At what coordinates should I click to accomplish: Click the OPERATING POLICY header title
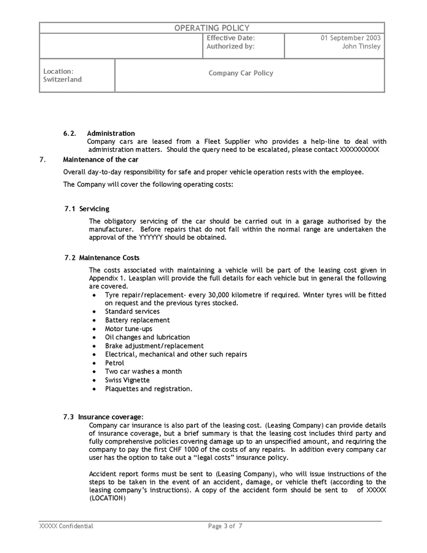(x=212, y=28)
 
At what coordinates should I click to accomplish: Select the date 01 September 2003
(x=350, y=37)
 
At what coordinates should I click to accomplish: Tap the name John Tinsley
(x=361, y=47)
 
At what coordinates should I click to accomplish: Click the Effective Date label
(x=230, y=37)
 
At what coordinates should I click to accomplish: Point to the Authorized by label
(x=230, y=47)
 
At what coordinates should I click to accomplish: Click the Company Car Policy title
(x=241, y=73)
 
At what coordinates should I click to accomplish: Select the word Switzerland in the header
(x=62, y=80)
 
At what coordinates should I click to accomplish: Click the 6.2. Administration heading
(x=99, y=133)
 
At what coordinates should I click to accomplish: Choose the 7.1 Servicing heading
(x=87, y=209)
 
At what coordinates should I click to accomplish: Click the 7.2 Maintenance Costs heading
(x=102, y=257)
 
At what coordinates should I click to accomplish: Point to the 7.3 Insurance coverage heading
(x=103, y=417)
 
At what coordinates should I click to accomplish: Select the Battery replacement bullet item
(x=137, y=320)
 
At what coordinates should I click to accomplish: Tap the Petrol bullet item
(x=114, y=363)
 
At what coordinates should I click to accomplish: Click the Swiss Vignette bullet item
(x=127, y=380)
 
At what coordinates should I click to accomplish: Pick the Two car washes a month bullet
(x=143, y=372)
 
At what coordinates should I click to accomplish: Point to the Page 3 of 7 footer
(x=225, y=527)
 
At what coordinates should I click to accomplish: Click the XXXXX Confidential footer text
(x=66, y=527)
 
